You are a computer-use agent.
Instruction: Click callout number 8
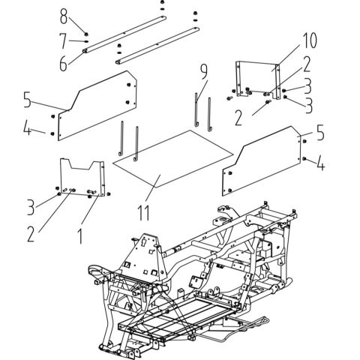[64, 15]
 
